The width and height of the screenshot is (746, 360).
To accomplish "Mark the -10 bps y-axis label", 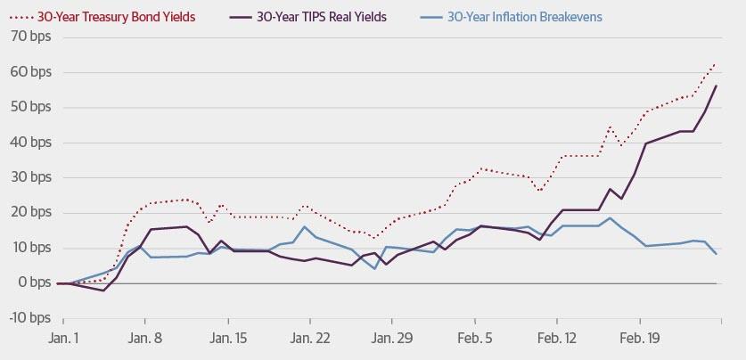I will [29, 318].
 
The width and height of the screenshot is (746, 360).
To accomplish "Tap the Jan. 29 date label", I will [392, 340].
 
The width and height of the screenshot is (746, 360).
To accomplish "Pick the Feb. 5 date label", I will [475, 340].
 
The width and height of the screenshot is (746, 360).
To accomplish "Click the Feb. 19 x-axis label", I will [639, 340].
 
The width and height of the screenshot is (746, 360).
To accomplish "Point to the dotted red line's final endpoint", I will [717, 63].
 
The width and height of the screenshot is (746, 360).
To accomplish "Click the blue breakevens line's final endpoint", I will [717, 255].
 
